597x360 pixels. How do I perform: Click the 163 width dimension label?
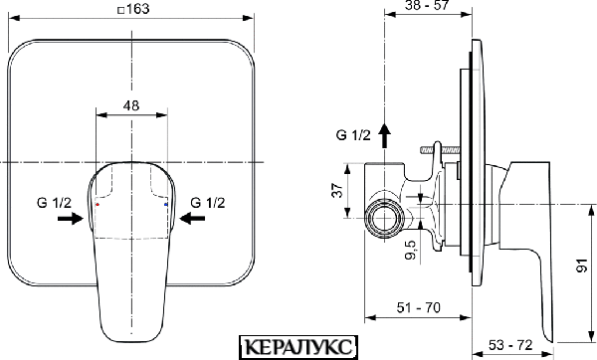click(x=137, y=9)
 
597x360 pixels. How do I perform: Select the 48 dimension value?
click(x=131, y=105)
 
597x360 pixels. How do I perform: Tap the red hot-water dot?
click(x=98, y=205)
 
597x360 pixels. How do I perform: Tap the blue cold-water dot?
click(x=165, y=205)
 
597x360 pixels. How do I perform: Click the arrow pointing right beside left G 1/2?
click(x=71, y=218)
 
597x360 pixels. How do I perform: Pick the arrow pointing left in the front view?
click(x=192, y=218)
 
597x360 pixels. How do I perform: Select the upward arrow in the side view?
click(x=384, y=135)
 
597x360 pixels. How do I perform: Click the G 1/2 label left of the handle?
click(x=54, y=203)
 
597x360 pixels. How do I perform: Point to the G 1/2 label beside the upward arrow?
click(x=353, y=134)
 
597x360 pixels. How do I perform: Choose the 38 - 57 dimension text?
click(x=427, y=5)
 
